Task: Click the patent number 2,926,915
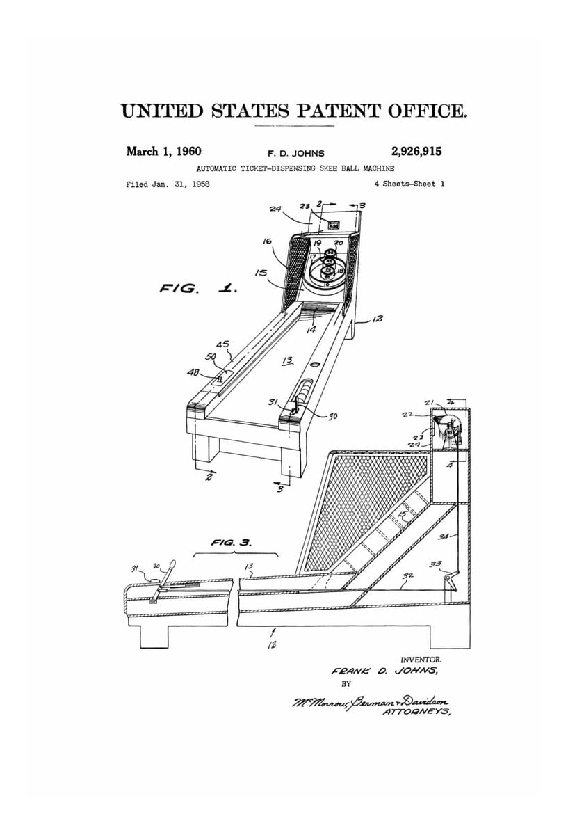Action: (x=411, y=151)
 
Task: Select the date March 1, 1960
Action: (x=163, y=151)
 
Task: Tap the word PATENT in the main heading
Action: (x=330, y=111)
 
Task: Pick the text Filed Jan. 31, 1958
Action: (x=168, y=184)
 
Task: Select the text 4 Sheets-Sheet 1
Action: (x=409, y=184)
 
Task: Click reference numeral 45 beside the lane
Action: (x=223, y=344)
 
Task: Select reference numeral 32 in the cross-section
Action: (x=408, y=576)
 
